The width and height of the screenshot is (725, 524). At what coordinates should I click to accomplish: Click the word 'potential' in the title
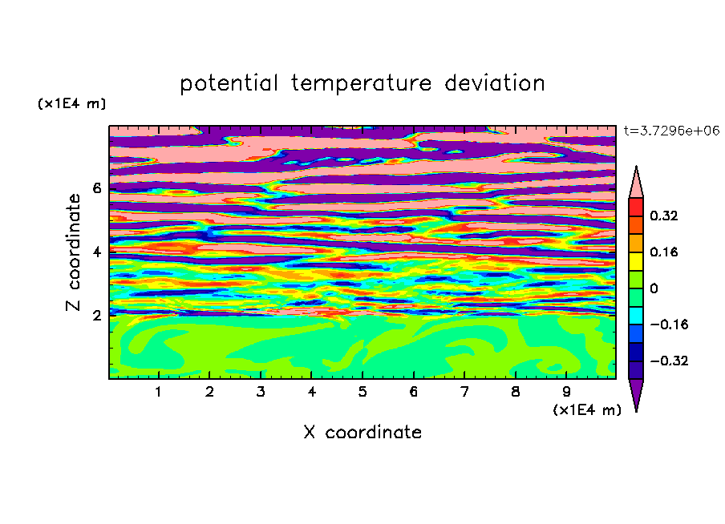coord(229,83)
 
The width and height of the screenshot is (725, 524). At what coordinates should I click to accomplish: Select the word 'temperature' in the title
coord(362,83)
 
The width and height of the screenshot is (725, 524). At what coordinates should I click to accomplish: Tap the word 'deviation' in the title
coord(495,83)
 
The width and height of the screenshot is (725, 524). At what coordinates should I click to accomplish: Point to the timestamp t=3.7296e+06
coord(671,131)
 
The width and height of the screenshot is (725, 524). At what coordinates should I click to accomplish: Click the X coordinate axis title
coord(362,432)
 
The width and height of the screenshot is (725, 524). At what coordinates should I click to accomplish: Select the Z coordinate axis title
coord(73,252)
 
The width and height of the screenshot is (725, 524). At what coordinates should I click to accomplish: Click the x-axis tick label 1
coord(158,392)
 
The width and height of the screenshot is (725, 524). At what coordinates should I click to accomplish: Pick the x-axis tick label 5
coord(362,392)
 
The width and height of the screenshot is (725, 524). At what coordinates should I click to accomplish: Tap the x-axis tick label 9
coord(566,392)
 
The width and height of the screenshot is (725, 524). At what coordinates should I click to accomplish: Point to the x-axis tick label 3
coord(261,392)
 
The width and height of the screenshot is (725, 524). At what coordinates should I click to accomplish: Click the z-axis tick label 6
coord(96,188)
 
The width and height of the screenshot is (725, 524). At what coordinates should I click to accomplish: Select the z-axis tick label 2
coord(96,316)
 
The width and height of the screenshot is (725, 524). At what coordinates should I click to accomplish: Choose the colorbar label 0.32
coord(663,216)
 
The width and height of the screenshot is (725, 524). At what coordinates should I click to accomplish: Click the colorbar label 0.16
coord(663,252)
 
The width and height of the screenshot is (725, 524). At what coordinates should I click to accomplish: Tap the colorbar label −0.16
coord(669,324)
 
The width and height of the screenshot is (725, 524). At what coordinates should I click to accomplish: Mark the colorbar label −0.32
coord(669,361)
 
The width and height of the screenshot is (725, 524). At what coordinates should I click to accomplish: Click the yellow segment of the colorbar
coord(636,261)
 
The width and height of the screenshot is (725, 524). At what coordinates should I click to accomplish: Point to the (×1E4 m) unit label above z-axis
coord(71,103)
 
